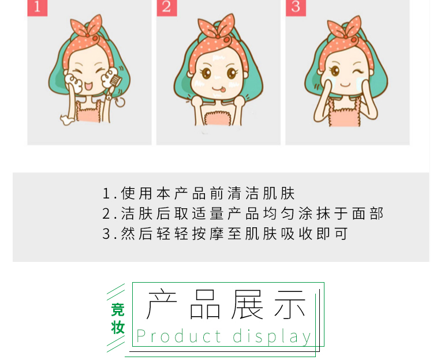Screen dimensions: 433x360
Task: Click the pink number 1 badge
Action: (x=38, y=7)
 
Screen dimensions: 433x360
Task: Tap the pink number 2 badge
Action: (x=167, y=7)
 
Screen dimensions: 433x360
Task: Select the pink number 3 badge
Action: (x=296, y=7)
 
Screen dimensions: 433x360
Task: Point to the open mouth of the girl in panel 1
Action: (x=89, y=85)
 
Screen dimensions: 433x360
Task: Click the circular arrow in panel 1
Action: (x=120, y=102)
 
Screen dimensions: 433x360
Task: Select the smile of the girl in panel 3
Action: (x=345, y=85)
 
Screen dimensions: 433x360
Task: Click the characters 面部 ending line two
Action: (x=368, y=214)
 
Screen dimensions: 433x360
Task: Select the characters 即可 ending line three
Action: (x=332, y=234)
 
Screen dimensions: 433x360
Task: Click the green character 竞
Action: (x=118, y=310)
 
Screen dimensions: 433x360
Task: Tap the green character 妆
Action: (x=118, y=328)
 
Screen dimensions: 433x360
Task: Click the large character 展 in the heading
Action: (x=247, y=304)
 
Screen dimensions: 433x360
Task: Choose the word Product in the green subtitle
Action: (x=178, y=336)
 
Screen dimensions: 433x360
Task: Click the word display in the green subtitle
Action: (x=272, y=337)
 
